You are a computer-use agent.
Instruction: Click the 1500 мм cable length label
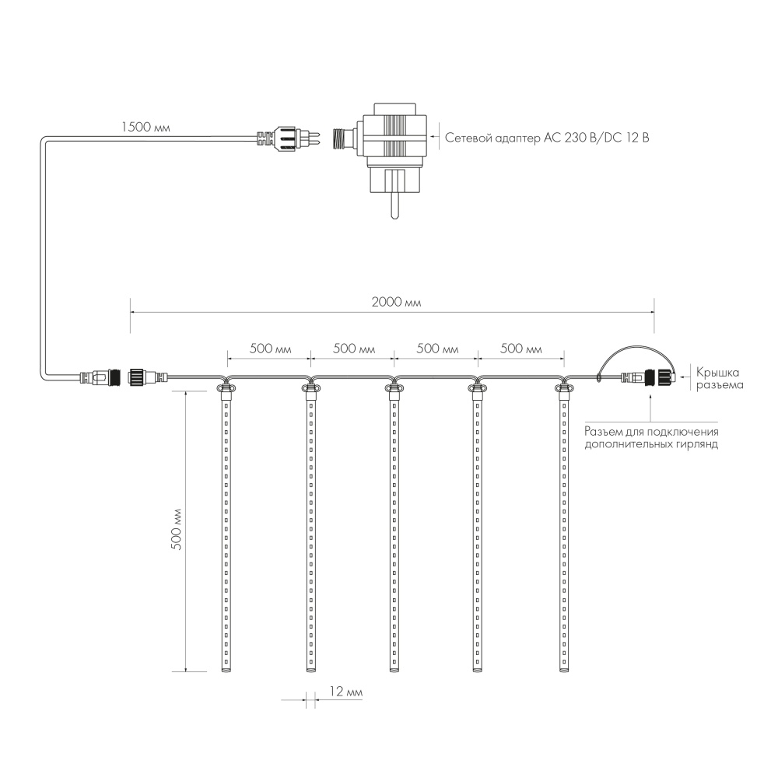click(x=145, y=126)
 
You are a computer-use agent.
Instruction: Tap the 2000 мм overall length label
click(x=391, y=302)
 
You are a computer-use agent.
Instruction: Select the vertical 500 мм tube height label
click(x=176, y=530)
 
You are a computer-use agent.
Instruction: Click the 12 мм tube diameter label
click(x=345, y=692)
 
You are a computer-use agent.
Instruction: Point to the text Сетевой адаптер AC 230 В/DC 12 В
click(x=547, y=138)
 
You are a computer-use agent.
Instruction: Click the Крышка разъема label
click(x=719, y=378)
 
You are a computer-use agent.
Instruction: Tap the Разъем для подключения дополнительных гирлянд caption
click(x=650, y=438)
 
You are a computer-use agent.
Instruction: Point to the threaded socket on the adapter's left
click(x=342, y=139)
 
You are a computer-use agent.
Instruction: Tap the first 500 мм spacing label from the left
click(x=270, y=349)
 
